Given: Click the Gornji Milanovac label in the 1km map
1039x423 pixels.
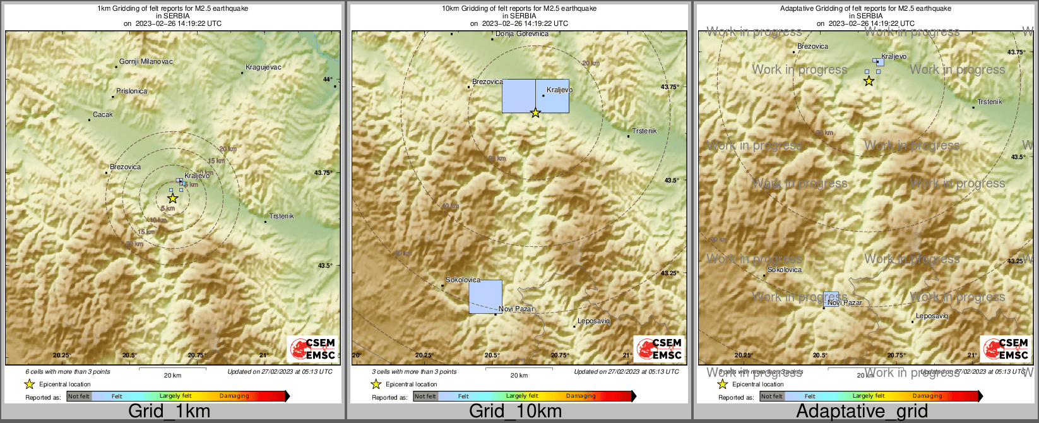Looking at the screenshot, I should point(146,62).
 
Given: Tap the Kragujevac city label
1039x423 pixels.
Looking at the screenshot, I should point(263,68).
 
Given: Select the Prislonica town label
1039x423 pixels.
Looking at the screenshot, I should point(131,92).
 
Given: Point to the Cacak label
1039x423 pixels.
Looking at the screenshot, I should point(103,115).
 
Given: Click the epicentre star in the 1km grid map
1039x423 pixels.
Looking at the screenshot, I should point(173,198).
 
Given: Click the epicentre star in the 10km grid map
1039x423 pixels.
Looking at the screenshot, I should point(535,113).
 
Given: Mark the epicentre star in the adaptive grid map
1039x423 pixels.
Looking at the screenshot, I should point(869,81).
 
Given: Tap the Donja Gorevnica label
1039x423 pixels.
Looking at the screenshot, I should point(522,34).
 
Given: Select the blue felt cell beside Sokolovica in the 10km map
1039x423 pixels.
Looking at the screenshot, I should point(485,297).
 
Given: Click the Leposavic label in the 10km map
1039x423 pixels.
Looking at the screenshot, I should point(593,321).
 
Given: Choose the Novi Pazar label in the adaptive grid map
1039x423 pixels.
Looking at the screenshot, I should point(845,303).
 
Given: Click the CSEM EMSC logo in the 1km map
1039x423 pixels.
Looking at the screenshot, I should point(312,349).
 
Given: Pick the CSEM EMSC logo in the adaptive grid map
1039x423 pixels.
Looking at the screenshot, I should point(1006,349).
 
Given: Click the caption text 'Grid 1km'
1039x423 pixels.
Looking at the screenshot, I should point(169,412).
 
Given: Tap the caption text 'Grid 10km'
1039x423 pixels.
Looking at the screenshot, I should point(515,412).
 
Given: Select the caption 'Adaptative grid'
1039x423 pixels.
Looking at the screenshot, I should point(862,412).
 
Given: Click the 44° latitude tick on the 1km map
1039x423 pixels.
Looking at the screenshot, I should point(328,80).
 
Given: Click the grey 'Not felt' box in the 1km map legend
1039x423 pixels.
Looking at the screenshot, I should point(79,396).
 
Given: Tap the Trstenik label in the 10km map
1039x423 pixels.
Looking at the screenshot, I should point(644,131).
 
